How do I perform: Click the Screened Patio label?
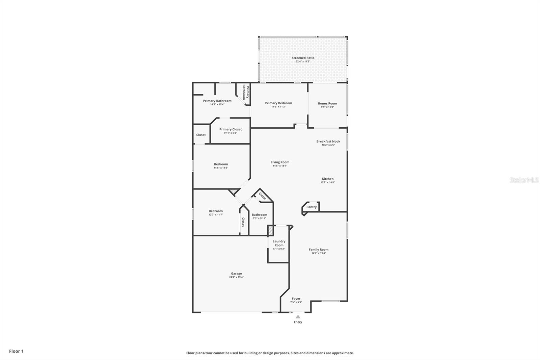pyautogui.click(x=303, y=58)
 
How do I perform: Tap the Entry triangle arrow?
pyautogui.click(x=298, y=317)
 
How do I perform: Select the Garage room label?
pyautogui.click(x=236, y=274)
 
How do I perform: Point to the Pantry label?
pyautogui.click(x=312, y=207)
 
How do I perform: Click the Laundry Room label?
pyautogui.click(x=279, y=243)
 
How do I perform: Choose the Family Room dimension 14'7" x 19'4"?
pyautogui.click(x=319, y=253)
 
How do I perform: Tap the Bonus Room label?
pyautogui.click(x=327, y=103)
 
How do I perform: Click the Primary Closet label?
pyautogui.click(x=231, y=129)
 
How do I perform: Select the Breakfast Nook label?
pyautogui.click(x=328, y=142)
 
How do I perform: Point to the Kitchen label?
pyautogui.click(x=327, y=179)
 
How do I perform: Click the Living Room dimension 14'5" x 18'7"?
pyautogui.click(x=280, y=166)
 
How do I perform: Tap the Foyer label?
pyautogui.click(x=296, y=299)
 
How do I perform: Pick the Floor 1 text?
pyautogui.click(x=16, y=351)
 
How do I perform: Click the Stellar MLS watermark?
pyautogui.click(x=524, y=180)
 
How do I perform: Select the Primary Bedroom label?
pyautogui.click(x=278, y=103)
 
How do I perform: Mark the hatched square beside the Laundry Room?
pyautogui.click(x=270, y=231)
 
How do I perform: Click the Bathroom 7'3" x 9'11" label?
pyautogui.click(x=259, y=215)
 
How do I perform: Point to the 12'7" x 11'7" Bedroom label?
pyautogui.click(x=216, y=211)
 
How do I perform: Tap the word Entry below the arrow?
pyautogui.click(x=298, y=322)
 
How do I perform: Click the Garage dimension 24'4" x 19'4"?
pyautogui.click(x=236, y=277)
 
